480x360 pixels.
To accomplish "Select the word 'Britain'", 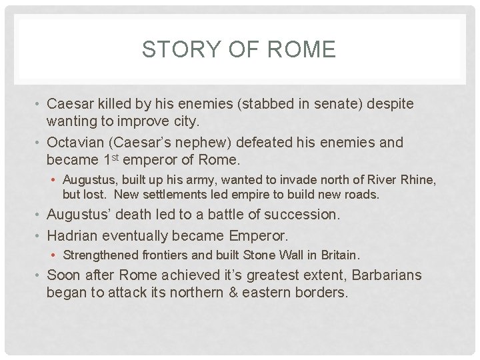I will [x=340, y=255].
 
